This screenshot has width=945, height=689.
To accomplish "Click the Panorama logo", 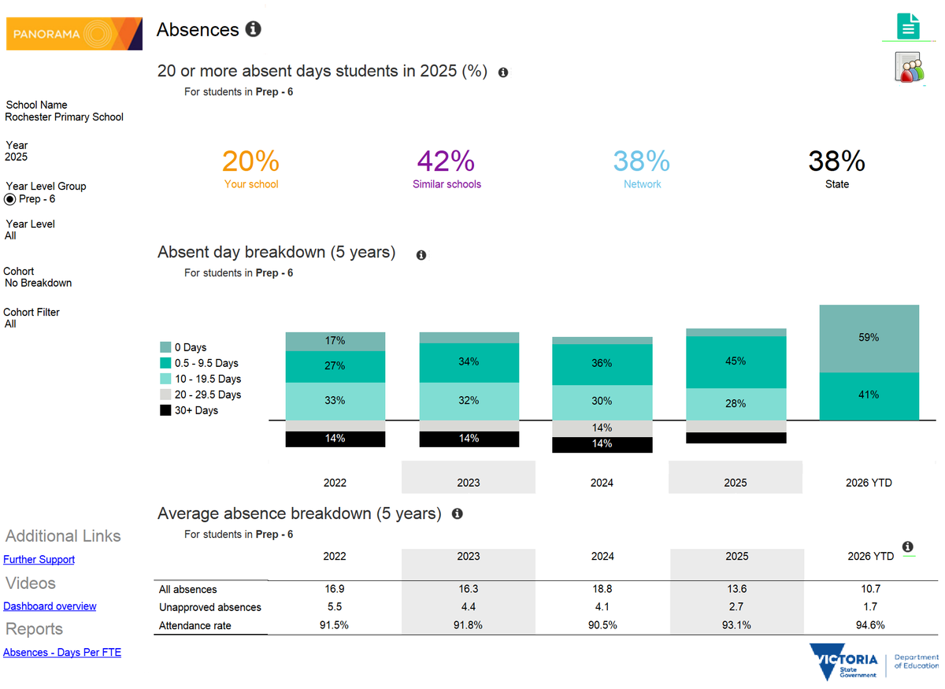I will pyautogui.click(x=74, y=34).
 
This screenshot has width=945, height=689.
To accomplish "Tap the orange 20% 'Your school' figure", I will pyautogui.click(x=250, y=161).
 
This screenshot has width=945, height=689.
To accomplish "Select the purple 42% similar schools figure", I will pyautogui.click(x=446, y=161).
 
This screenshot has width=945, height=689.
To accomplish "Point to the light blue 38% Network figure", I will pyautogui.click(x=642, y=161).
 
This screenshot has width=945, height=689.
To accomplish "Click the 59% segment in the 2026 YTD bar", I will pyautogui.click(x=869, y=338).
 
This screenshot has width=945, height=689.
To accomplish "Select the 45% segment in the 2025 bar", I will pyautogui.click(x=736, y=361).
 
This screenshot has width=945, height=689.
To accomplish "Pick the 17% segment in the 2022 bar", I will pyautogui.click(x=335, y=341).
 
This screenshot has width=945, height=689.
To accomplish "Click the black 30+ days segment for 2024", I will pyautogui.click(x=602, y=444).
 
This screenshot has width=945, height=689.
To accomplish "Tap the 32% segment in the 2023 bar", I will pyautogui.click(x=469, y=400).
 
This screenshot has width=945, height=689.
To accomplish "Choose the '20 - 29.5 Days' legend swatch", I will pyautogui.click(x=165, y=395).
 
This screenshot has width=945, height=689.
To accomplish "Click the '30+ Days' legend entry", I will pyautogui.click(x=196, y=410).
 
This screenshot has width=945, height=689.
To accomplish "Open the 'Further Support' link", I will pyautogui.click(x=39, y=560).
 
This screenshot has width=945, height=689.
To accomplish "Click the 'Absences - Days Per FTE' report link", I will pyautogui.click(x=62, y=653).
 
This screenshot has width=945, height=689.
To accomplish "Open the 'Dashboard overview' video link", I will pyautogui.click(x=50, y=606).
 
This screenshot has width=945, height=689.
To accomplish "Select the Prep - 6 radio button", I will pyautogui.click(x=11, y=199).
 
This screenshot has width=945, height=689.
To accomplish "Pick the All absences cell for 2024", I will pyautogui.click(x=602, y=589).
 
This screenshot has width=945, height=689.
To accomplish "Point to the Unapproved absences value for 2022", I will pyautogui.click(x=335, y=607).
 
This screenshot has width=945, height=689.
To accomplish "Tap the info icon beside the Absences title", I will pyautogui.click(x=253, y=30).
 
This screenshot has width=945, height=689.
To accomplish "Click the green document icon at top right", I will pyautogui.click(x=907, y=28).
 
